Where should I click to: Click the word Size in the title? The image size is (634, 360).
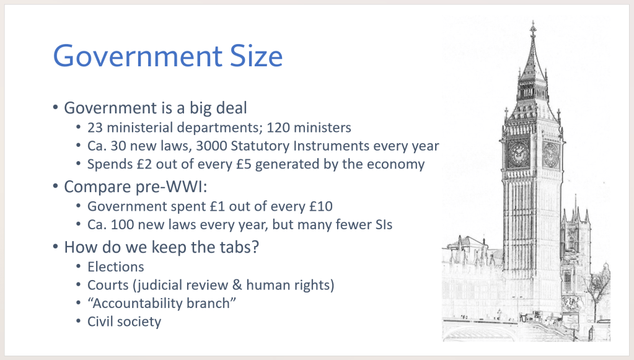[257, 56]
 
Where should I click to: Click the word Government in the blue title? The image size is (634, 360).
[138, 56]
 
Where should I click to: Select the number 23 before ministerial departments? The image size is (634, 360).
[95, 128]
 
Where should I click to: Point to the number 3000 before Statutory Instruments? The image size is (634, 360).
[211, 146]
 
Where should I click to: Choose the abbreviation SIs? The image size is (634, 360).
[382, 225]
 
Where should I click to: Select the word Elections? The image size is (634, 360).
[116, 267]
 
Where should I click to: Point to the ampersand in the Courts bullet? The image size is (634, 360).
[237, 285]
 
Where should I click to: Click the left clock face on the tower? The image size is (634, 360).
[518, 154]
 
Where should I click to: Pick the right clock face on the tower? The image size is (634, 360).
[550, 154]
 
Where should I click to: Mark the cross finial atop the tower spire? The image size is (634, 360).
[533, 29]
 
